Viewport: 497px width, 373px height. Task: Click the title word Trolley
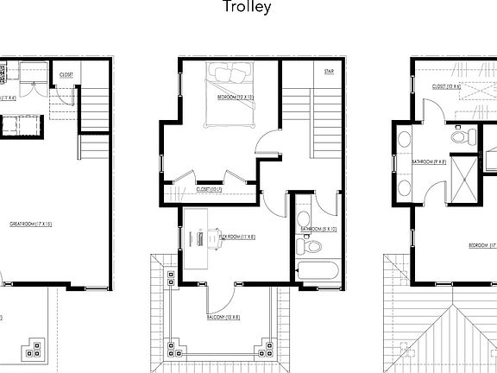pos(248,8)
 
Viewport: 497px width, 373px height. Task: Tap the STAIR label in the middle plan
pos(329,73)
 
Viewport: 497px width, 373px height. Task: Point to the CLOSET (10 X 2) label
pos(210,188)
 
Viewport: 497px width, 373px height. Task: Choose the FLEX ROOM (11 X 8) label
pos(236,236)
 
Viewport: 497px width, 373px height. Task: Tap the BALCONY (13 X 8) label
pos(223,318)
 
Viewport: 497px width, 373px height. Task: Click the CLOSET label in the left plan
pos(66,75)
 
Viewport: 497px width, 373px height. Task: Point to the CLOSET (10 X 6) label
pos(447,86)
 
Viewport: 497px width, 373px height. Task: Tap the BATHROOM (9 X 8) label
pos(428,161)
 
